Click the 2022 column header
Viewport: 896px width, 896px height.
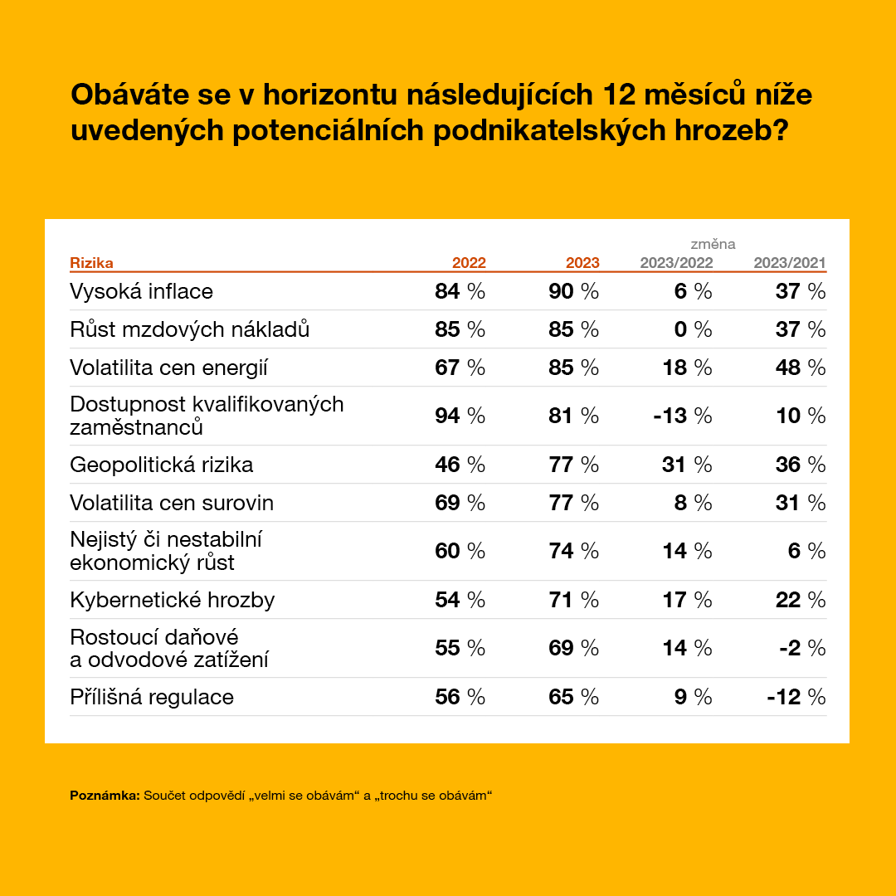pos(469,263)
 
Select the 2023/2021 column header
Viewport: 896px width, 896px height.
pos(789,263)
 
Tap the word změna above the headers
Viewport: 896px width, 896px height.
pos(713,244)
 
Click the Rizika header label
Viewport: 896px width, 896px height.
pos(91,263)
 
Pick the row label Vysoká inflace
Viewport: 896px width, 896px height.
pos(142,291)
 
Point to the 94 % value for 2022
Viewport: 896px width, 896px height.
pos(460,416)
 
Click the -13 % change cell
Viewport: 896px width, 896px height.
pos(683,416)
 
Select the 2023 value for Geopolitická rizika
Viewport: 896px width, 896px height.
pos(573,465)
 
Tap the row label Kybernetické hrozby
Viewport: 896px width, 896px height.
pos(172,600)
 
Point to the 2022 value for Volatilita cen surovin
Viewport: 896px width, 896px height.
pos(460,503)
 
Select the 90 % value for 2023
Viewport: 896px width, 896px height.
pos(573,291)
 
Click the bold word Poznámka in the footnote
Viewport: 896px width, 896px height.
pos(105,796)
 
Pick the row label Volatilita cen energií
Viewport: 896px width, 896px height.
pos(168,368)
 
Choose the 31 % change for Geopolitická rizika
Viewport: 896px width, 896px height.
pos(687,465)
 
